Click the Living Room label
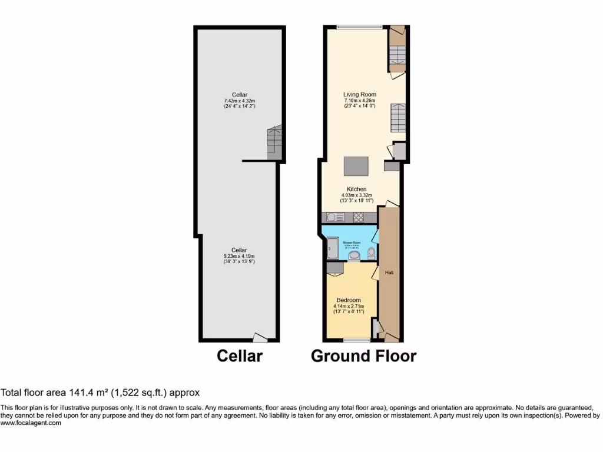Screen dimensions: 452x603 tap(360, 94)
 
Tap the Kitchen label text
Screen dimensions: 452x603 tap(356, 189)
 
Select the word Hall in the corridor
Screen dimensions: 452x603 tap(389, 273)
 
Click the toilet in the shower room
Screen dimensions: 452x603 tap(371, 254)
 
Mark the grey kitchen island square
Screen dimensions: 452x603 tap(357, 167)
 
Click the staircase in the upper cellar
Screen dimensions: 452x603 tap(274, 141)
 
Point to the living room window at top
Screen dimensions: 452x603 tap(359, 26)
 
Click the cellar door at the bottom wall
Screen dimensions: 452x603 tap(259, 337)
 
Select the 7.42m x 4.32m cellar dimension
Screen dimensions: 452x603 tap(239, 101)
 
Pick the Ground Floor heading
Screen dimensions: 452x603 tap(363, 356)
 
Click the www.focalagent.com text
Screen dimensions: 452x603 tap(31, 423)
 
